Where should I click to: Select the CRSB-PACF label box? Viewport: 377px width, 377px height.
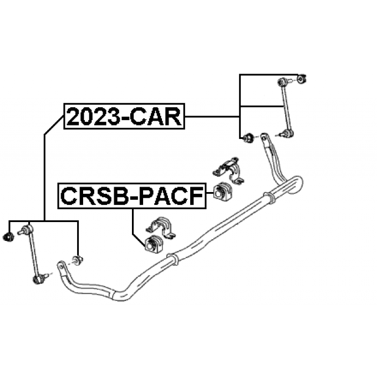(131, 196)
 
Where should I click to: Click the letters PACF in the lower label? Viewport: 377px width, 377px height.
(171, 196)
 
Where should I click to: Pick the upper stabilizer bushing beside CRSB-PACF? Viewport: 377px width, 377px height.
(223, 192)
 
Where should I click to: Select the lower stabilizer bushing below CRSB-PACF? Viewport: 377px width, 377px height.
(153, 243)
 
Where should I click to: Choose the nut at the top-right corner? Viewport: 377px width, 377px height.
(301, 77)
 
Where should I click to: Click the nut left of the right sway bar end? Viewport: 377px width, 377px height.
(248, 139)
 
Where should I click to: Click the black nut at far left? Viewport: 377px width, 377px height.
(9, 236)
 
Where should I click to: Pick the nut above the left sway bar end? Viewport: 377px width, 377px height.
(77, 259)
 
